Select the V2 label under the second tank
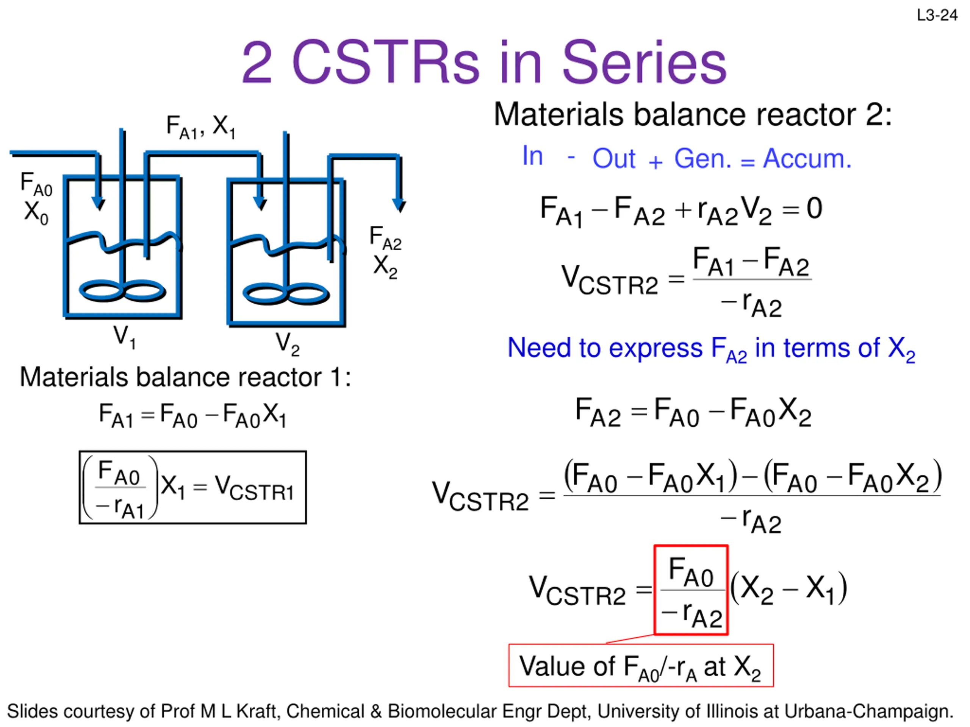pos(287,343)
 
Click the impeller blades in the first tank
pos(122,290)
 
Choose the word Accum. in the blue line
pos(807,159)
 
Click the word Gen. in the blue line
pos(702,159)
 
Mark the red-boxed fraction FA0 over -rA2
pos(691,590)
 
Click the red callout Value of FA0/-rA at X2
pos(641,666)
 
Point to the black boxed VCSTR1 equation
pos(193,487)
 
